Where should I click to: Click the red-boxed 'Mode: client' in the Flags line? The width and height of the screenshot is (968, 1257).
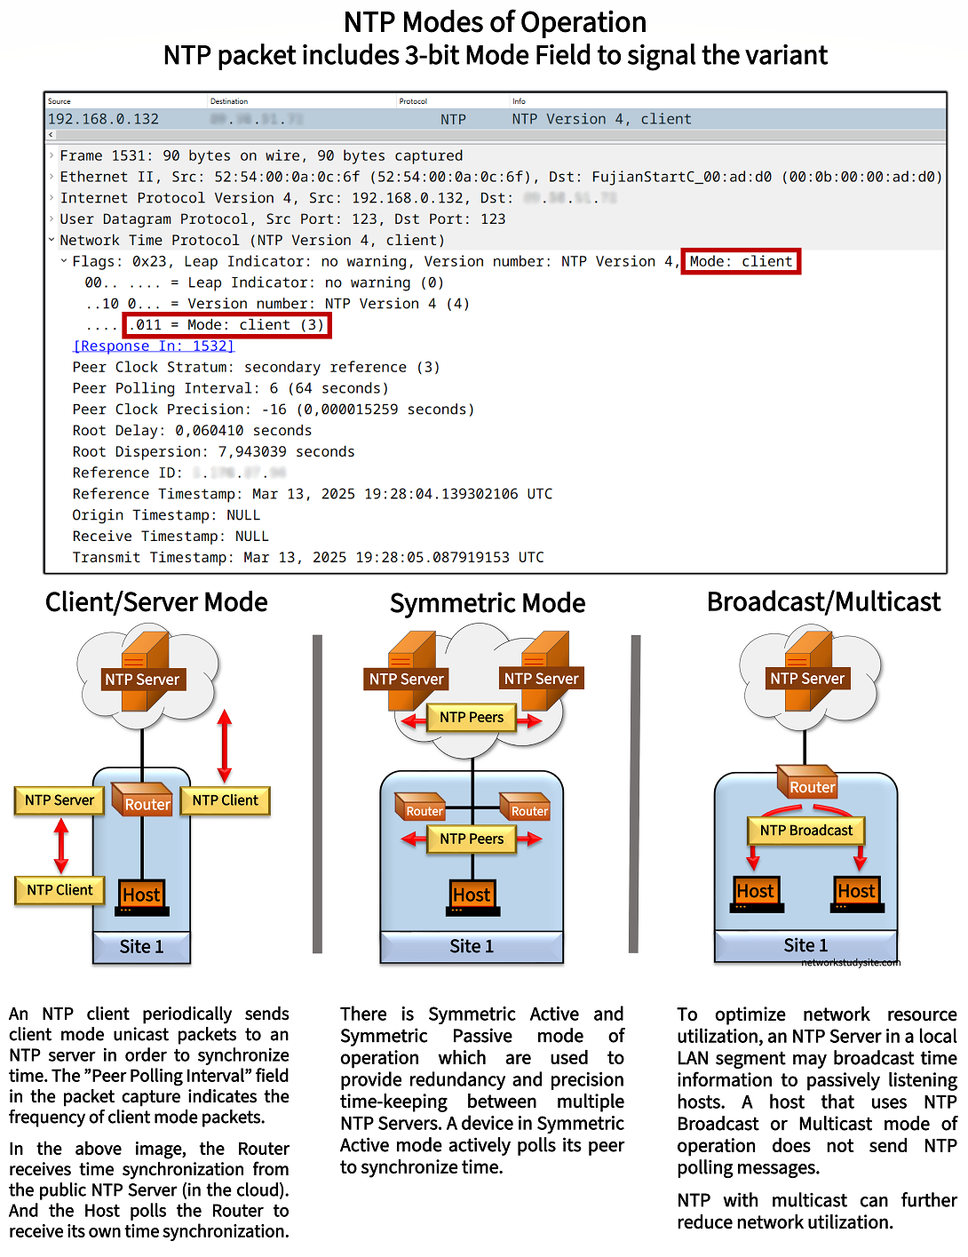point(741,261)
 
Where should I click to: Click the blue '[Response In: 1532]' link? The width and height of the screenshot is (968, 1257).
point(154,346)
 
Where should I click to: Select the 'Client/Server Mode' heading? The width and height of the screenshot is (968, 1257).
point(156,602)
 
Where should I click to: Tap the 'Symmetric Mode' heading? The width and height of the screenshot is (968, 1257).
point(488,603)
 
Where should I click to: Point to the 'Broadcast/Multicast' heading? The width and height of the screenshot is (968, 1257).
point(823,602)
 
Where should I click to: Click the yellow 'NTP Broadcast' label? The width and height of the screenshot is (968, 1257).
point(805,830)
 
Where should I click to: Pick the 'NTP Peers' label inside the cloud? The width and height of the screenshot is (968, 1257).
point(471,717)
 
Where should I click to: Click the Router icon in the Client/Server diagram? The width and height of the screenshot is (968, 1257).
point(147,798)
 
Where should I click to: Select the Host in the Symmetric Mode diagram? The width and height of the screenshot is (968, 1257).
point(472,895)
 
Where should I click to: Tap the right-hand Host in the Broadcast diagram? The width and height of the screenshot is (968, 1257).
point(857,892)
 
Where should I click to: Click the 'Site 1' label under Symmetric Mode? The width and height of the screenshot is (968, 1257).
point(472,946)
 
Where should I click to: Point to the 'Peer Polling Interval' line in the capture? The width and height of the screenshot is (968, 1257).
point(230,388)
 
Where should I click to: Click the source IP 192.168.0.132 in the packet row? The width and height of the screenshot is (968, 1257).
point(103,119)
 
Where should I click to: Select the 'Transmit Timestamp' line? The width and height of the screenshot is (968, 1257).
point(307,557)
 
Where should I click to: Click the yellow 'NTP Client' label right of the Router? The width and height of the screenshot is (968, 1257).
point(225,800)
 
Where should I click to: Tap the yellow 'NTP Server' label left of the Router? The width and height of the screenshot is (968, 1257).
point(60,800)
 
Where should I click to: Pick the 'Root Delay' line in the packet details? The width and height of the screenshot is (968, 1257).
point(192,430)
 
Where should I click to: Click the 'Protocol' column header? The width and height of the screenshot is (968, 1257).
point(413,101)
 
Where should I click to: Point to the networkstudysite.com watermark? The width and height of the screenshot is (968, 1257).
point(850,962)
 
